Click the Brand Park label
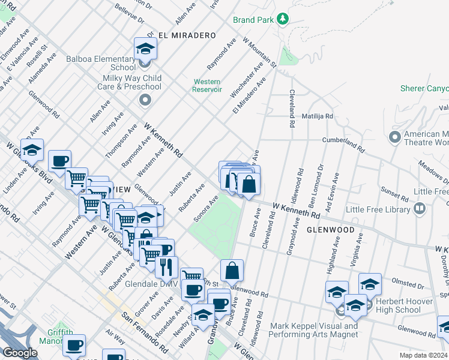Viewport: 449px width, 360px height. tap(253, 19)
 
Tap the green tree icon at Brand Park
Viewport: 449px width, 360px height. tap(282, 19)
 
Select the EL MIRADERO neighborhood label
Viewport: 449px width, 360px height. tap(187, 35)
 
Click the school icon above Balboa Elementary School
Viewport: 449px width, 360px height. tap(145, 47)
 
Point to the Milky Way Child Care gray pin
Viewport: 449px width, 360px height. tap(145, 100)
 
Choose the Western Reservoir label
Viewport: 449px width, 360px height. tap(206, 85)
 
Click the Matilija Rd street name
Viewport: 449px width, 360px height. tap(317, 115)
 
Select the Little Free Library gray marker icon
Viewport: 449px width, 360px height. tap(420, 209)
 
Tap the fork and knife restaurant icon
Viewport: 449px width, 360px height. tap(166, 266)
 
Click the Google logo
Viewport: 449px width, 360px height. tap(20, 352)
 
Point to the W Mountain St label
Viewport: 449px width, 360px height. tap(259, 52)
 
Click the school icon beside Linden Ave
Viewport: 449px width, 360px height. tap(32, 149)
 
